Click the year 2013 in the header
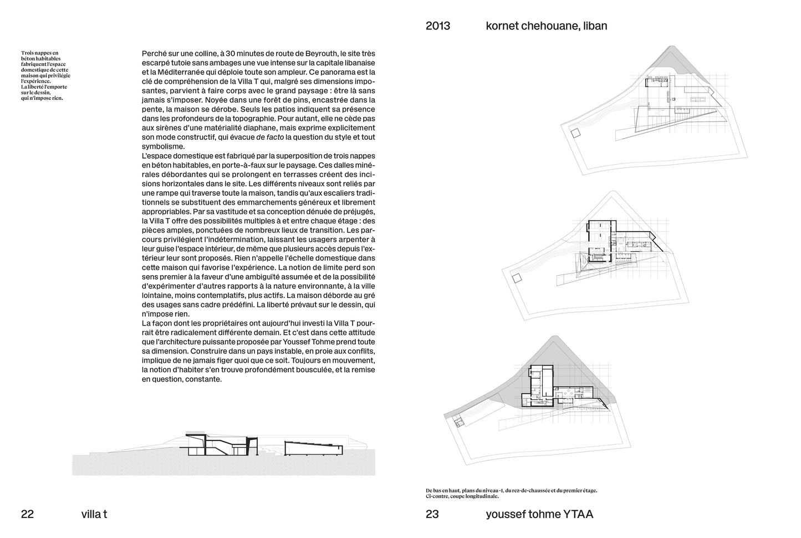[437, 26]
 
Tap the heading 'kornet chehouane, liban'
[546, 26]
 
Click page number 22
[27, 514]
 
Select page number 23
[432, 514]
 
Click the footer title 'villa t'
[94, 514]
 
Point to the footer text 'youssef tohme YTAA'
[539, 514]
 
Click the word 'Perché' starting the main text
[154, 54]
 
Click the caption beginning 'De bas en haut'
[511, 493]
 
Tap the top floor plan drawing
[654, 111]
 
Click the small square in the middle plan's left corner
[517, 278]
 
